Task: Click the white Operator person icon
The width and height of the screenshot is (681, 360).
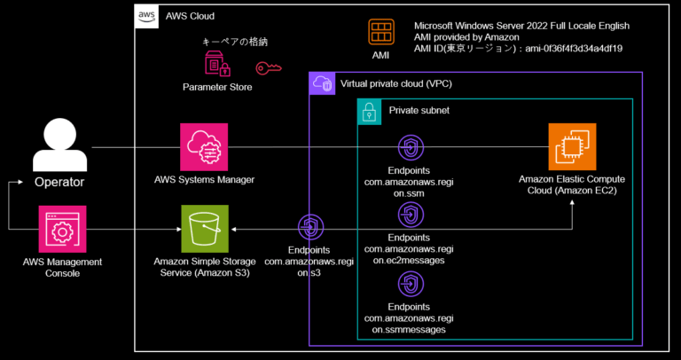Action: point(59,146)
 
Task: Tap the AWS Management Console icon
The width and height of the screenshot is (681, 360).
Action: point(62,230)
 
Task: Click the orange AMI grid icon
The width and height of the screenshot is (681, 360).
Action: point(381,33)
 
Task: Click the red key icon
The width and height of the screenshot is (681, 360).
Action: point(269,68)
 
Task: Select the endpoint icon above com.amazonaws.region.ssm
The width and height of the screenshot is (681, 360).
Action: point(409,147)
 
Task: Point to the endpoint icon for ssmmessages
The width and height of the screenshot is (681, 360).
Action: point(409,284)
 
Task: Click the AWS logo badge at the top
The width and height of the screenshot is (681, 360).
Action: point(147,16)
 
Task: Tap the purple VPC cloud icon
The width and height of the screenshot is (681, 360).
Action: point(321,84)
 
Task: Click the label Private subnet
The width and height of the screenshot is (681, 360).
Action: point(419,111)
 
